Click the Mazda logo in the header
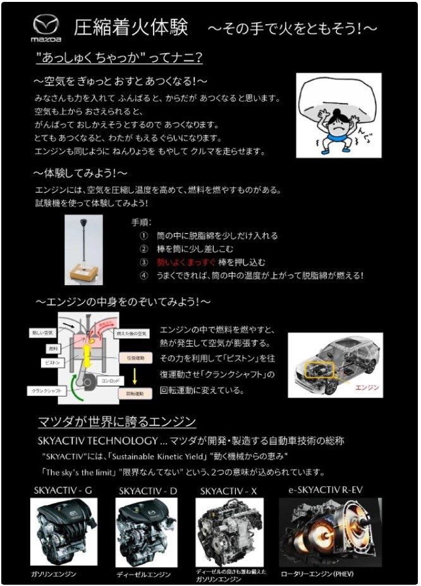(x=46, y=28)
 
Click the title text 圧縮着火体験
(x=130, y=28)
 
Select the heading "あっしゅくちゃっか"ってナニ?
(x=119, y=58)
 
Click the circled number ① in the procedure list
(x=143, y=235)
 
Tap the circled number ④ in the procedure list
(x=143, y=276)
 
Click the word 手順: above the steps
(x=141, y=223)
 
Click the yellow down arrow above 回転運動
(x=135, y=377)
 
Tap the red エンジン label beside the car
(x=367, y=388)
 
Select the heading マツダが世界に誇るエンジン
(x=116, y=421)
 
